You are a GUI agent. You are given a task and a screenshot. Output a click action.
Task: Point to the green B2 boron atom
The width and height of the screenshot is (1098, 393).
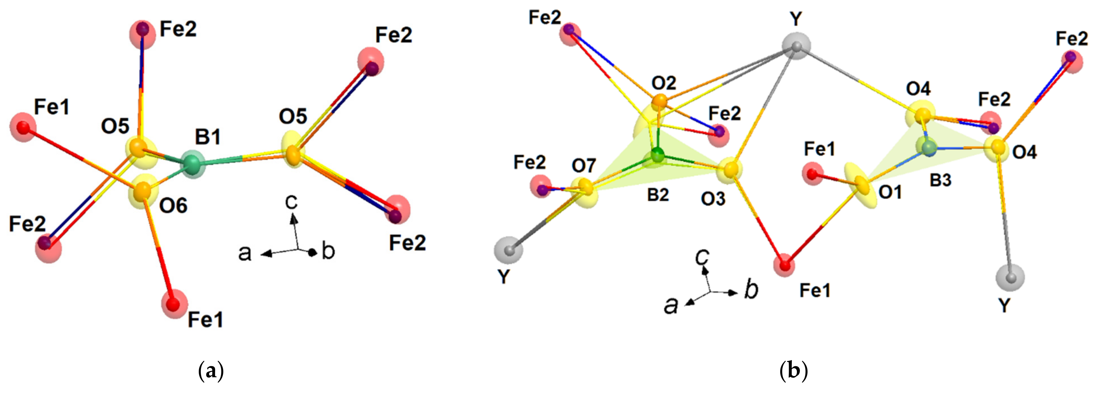658,156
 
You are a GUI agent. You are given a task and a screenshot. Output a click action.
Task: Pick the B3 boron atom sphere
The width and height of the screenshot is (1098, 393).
929,148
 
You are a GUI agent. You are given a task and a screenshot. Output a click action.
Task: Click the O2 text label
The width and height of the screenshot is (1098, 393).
664,82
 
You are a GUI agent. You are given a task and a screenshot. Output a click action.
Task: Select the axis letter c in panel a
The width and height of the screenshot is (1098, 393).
292,203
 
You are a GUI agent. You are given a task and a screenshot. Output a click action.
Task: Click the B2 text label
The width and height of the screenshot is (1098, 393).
658,195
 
